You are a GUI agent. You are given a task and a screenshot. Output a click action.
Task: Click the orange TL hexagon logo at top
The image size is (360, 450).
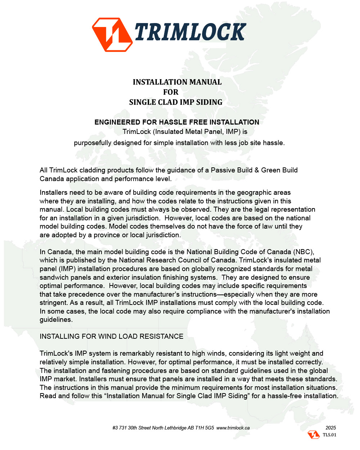(112, 35)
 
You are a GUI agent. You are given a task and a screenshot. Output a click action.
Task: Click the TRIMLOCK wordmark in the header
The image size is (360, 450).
(190, 32)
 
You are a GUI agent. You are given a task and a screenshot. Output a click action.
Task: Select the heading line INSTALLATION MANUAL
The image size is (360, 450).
(177, 82)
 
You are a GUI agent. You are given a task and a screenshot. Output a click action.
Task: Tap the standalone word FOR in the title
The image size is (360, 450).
(171, 92)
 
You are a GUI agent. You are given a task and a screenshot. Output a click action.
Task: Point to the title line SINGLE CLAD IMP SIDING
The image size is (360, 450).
(176, 102)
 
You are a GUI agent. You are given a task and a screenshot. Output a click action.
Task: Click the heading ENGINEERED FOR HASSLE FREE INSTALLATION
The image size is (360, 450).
(177, 122)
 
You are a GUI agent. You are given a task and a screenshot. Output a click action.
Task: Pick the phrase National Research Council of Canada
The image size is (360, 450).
(177, 260)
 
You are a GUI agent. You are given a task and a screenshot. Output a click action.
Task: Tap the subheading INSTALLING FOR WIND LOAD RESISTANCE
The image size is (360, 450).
(111, 336)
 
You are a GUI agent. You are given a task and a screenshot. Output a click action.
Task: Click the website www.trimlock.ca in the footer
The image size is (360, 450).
(233, 428)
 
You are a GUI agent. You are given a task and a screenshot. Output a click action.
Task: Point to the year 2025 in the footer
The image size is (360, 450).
(330, 428)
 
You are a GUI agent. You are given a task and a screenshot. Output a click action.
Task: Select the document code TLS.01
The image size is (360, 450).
(329, 435)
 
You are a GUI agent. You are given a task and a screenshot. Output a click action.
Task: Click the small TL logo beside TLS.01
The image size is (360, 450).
(314, 435)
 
